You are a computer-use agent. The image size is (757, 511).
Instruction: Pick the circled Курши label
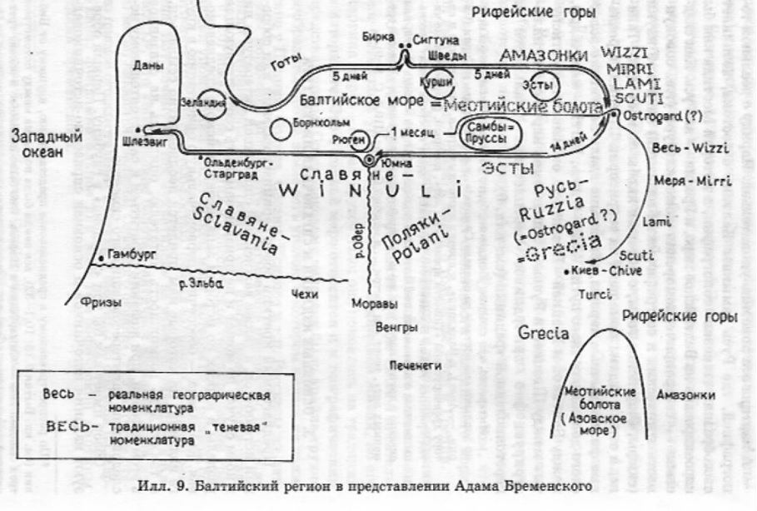click(435, 84)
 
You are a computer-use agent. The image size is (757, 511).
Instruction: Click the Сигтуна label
click(430, 39)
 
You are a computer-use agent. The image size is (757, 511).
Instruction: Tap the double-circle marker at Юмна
click(367, 159)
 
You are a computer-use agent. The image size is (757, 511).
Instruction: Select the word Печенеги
click(415, 365)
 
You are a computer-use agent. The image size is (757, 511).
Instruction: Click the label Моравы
click(371, 302)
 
